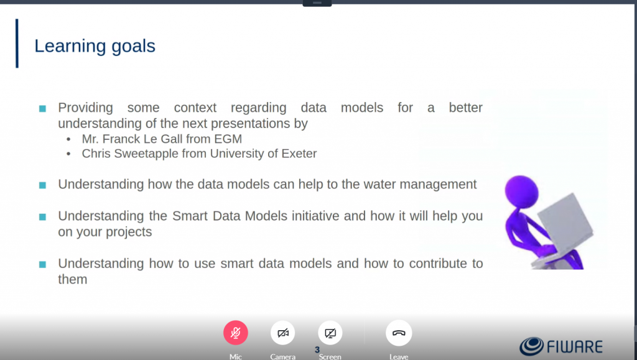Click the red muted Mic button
click(236, 333)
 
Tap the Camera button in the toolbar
click(283, 333)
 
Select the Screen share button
click(330, 333)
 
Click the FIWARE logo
click(561, 346)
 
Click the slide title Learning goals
click(95, 46)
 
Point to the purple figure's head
click(521, 191)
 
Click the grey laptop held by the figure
click(564, 228)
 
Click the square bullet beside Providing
click(42, 108)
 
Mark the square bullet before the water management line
click(42, 185)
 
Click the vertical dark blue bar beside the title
click(17, 44)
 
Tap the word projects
click(128, 232)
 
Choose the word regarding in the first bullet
click(258, 108)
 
